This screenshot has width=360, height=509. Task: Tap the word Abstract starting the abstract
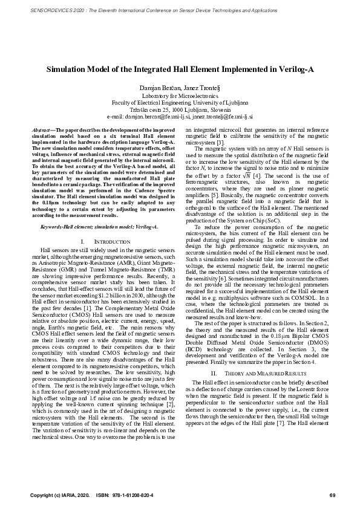(41, 131)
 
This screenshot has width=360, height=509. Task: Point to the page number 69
(332, 496)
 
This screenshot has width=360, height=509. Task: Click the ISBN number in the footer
(129, 496)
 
